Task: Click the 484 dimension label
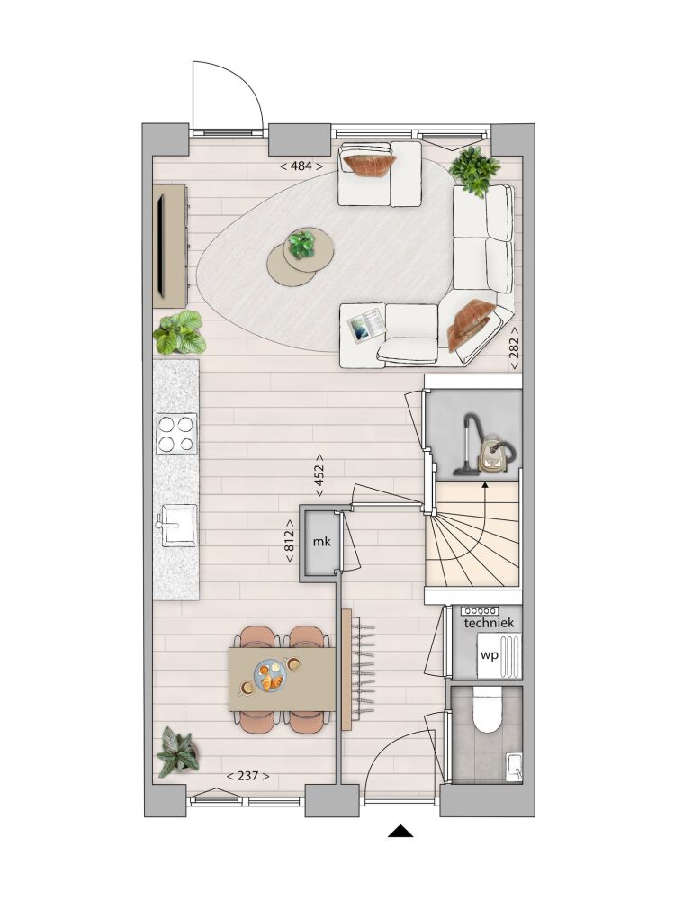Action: coord(301,166)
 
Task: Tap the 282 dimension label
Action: coord(514,346)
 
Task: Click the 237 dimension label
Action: coord(248,776)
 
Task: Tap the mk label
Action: coord(322,541)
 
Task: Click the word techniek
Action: coord(489,623)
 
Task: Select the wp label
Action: coord(489,655)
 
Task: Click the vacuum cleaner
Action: coord(487,445)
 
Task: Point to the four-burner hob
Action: coord(176,434)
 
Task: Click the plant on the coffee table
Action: coord(301,244)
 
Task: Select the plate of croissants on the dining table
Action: coord(270,676)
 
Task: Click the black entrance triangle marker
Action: coord(400,831)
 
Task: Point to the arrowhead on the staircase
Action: coord(485,486)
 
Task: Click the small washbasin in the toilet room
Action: coord(514,767)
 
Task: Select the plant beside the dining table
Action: coord(178,751)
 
